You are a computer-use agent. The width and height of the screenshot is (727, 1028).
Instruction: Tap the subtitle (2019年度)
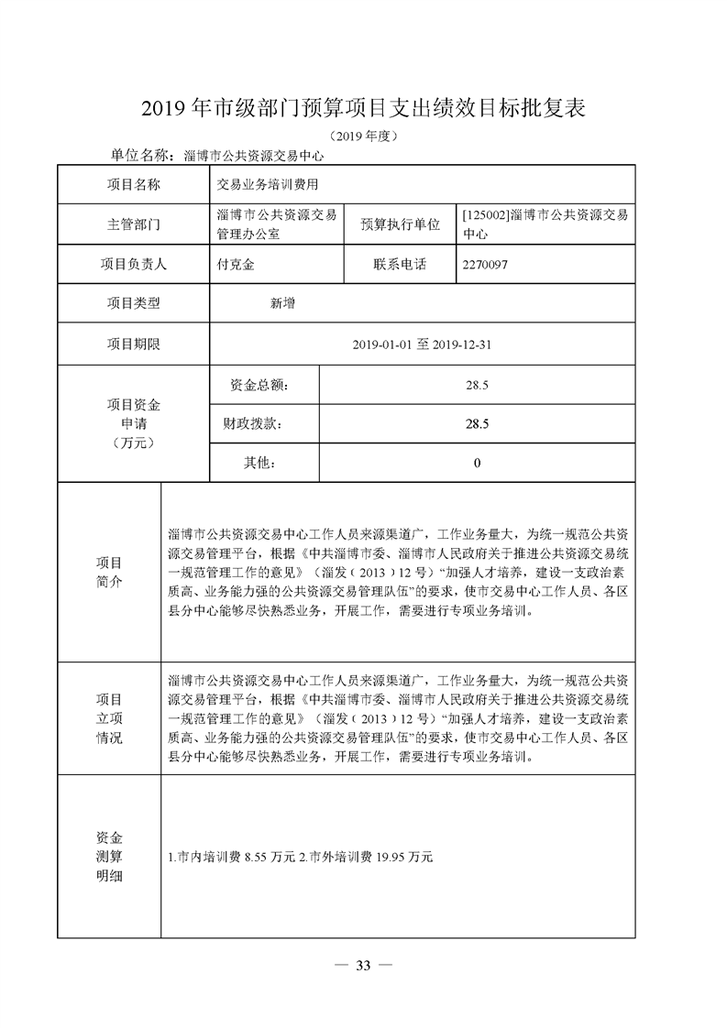click(x=364, y=137)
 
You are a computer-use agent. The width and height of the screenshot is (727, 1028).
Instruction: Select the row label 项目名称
click(x=134, y=184)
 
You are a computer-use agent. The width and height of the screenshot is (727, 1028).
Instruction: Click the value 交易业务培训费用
click(x=268, y=184)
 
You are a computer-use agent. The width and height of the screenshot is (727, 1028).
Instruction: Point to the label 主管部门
click(x=134, y=224)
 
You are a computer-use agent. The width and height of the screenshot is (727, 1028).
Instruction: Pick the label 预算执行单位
click(x=400, y=224)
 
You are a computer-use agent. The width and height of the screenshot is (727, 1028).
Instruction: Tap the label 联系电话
click(x=400, y=265)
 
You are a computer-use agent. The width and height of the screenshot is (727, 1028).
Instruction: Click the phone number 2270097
click(x=486, y=265)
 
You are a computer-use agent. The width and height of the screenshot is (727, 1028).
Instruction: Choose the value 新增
click(x=282, y=303)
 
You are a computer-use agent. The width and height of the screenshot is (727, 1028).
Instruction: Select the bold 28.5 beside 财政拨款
click(x=477, y=424)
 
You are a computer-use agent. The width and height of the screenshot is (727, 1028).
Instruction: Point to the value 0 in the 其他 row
click(x=477, y=464)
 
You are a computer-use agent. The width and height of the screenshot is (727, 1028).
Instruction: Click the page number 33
click(x=363, y=966)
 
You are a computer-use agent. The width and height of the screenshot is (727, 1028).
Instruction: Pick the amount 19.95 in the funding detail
click(x=383, y=858)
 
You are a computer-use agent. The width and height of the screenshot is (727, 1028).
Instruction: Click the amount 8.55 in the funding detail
click(x=258, y=858)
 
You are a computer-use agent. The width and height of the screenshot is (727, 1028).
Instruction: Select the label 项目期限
click(x=134, y=344)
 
